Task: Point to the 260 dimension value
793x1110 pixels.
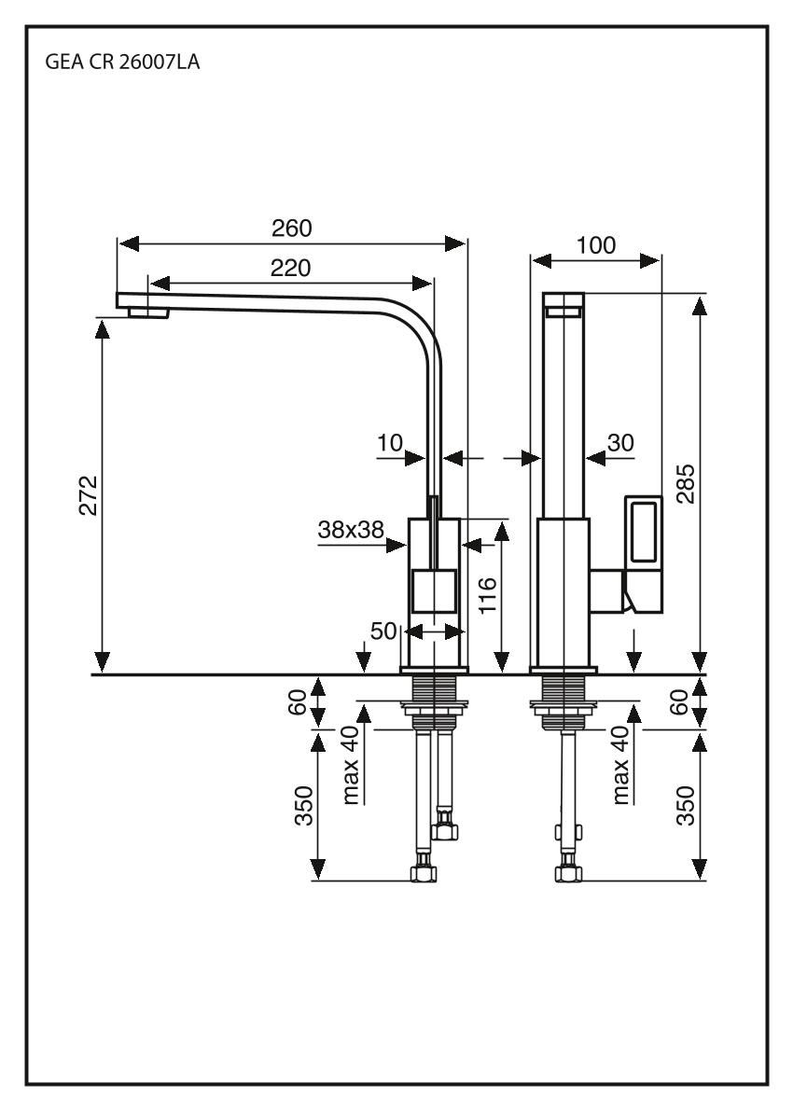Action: [291, 229]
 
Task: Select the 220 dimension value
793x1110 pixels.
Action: [291, 268]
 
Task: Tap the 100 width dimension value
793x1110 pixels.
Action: [596, 245]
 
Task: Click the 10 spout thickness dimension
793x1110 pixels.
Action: [390, 443]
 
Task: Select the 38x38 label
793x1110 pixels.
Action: [351, 530]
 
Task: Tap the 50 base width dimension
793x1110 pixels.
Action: [383, 631]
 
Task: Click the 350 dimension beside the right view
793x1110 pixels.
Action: [686, 805]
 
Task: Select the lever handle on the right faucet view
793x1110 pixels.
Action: [643, 555]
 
